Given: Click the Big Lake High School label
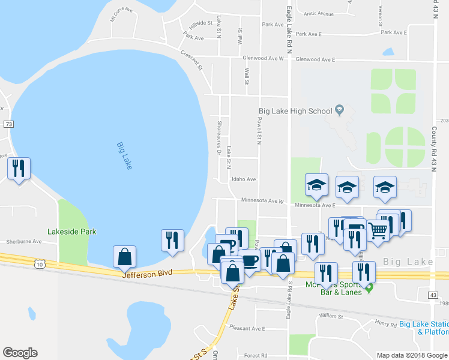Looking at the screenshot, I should tap(295, 111).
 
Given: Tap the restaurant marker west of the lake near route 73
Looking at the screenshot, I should tap(18, 169).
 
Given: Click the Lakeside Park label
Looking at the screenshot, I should tap(72, 232).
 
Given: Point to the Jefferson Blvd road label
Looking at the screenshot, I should tap(147, 273).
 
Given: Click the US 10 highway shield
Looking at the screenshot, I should tap(40, 263).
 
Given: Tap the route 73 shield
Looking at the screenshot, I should tap(8, 124).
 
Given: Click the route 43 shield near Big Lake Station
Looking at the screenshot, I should tap(433, 295).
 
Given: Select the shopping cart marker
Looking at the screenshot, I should tap(378, 229).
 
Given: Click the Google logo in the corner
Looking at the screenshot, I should tap(20, 353).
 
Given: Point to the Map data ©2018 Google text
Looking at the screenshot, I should tap(411, 355).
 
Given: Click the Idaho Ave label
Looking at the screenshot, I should tap(244, 179).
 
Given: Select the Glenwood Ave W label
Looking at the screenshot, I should tap(263, 59).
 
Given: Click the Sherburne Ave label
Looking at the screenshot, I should tap(21, 242).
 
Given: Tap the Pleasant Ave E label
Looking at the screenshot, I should tap(247, 329).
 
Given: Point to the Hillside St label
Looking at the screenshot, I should tap(202, 24).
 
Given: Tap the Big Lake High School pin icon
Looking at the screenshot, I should tap(339, 110).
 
